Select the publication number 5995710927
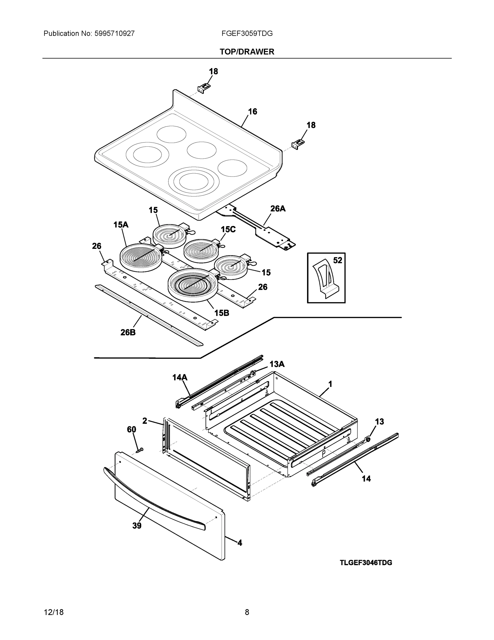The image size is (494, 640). pos(115,33)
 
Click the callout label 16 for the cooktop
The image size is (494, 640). pos(252,111)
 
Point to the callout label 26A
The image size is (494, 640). pos(277,209)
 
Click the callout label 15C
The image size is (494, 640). pos(228,229)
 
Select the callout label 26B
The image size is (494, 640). pos(128,332)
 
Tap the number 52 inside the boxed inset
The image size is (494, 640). pos(337,260)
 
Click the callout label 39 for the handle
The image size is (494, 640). pos(137,526)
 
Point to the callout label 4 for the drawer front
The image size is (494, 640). pos(240,543)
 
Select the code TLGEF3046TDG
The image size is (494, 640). pos(366,563)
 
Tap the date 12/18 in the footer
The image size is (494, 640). pos(54,612)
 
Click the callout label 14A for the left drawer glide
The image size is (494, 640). pos(180,377)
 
